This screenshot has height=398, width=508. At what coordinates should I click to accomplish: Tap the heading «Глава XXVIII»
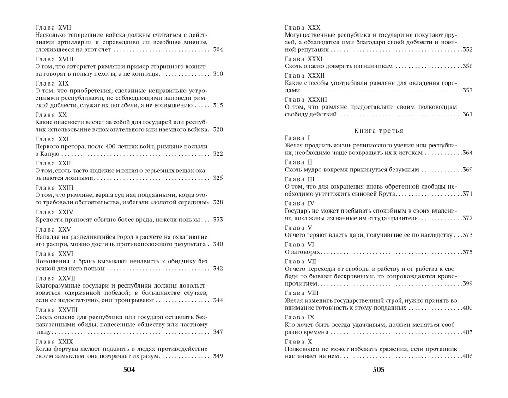coord(56,309)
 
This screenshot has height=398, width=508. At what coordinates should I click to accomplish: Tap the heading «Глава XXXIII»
coord(306,99)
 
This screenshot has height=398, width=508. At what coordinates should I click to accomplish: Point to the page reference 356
coord(467,66)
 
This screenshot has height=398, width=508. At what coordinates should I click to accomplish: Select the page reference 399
coord(467,283)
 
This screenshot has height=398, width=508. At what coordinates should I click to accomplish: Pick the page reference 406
coord(467,356)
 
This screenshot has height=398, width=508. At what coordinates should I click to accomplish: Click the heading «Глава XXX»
coord(302,27)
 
